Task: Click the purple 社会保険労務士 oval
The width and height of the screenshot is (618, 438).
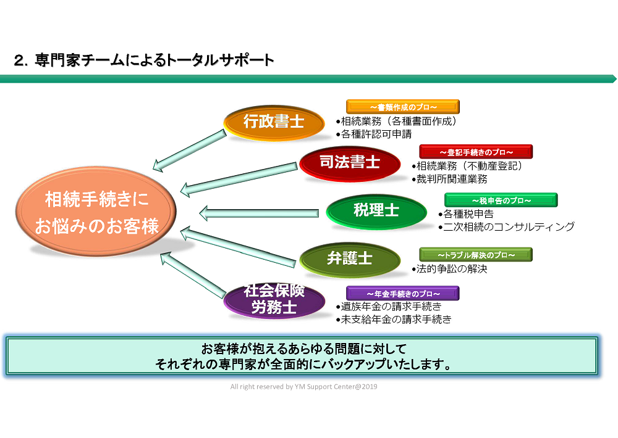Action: coord(274,300)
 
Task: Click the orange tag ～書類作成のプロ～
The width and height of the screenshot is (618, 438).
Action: coord(402,107)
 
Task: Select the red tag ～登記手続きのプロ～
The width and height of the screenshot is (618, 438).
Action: coord(476,152)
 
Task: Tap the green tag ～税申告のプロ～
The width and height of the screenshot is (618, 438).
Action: coord(501,200)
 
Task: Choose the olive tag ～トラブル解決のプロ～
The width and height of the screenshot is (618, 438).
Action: coord(475,254)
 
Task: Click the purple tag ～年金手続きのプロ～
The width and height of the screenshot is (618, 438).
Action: coord(402,293)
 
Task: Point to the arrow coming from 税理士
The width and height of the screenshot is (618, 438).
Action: coord(262,213)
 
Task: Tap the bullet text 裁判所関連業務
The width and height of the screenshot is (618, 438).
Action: coord(452,179)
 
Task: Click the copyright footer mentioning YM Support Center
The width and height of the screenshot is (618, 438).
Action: coord(303,387)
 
